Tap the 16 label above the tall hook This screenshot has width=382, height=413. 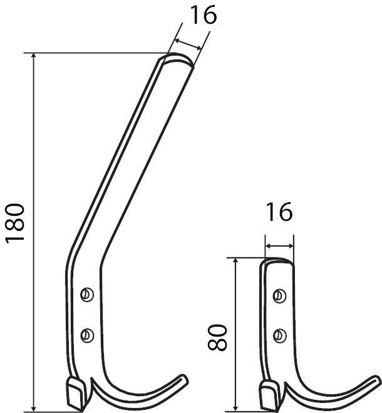coord(202,16)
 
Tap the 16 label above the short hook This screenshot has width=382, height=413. coord(278,212)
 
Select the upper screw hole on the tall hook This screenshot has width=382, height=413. coord(87,293)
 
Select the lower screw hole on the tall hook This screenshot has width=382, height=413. coord(87,334)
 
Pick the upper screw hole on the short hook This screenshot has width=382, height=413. coord(280,293)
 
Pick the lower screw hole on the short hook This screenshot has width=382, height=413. coord(280,334)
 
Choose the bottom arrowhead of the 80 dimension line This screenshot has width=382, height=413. coord(236,407)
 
